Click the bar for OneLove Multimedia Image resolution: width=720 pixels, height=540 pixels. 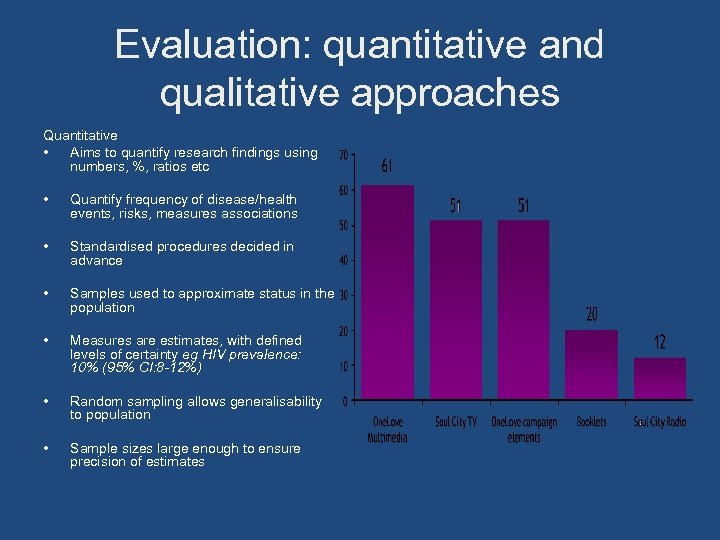(x=387, y=292)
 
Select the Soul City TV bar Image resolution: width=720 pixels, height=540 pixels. (x=456, y=310)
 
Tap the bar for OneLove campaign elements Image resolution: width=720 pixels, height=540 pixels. (x=523, y=310)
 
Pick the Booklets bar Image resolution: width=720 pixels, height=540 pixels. (x=591, y=364)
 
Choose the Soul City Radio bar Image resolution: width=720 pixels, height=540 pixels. (x=659, y=378)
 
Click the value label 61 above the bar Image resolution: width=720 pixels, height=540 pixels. (x=388, y=166)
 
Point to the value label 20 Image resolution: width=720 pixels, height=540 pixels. (x=592, y=314)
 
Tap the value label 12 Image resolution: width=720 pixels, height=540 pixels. (x=660, y=342)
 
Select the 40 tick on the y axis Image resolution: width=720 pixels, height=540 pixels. (x=343, y=261)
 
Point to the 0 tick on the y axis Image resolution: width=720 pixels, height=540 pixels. (x=345, y=402)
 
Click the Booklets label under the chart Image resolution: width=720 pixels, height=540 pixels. (x=591, y=423)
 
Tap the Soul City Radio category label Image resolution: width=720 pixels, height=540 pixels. (x=660, y=423)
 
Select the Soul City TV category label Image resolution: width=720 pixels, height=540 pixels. (x=456, y=423)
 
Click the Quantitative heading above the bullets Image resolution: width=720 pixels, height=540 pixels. (x=80, y=135)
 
